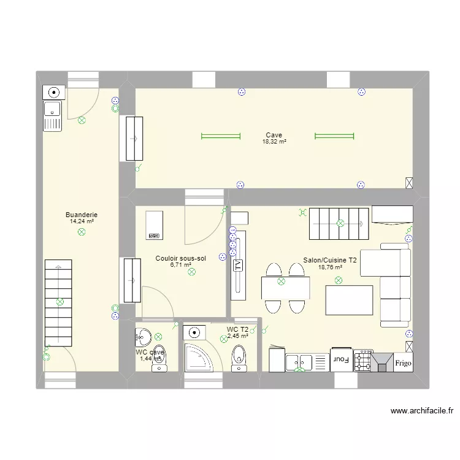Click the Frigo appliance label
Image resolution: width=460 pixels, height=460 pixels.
pos(404,362)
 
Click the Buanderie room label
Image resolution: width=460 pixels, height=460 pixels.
pos(82,215)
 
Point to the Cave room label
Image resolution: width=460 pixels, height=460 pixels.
pos(274,135)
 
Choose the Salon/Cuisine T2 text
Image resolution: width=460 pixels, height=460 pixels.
pos(330,260)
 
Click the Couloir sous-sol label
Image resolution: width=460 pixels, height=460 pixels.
pos(180,258)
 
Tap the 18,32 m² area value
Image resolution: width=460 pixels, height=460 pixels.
pos(274,142)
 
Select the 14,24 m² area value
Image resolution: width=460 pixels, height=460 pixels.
pos(82,221)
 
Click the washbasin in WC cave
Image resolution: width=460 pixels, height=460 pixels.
pos(144,337)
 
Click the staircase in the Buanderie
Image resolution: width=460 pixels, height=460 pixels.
pos(59,304)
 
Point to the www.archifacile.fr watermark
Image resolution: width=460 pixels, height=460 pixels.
pos(421,412)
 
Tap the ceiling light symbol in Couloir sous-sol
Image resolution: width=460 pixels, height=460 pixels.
pos(191,271)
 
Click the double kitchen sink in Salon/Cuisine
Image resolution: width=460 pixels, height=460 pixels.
pos(301,362)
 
